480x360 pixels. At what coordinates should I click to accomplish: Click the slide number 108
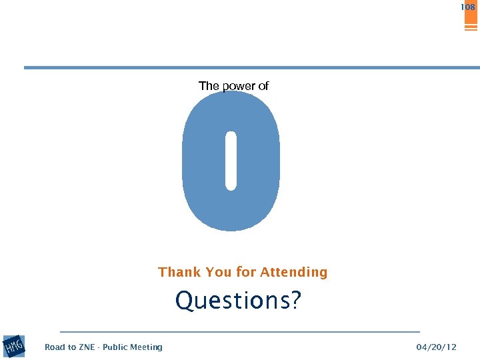(467, 7)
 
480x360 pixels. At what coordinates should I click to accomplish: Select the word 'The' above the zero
(208, 86)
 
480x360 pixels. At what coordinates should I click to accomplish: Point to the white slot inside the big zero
(231, 161)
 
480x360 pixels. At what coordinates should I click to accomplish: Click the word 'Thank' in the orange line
(180, 272)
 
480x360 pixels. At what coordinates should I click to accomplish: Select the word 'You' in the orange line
(219, 272)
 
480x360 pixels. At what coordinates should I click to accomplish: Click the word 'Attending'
(294, 272)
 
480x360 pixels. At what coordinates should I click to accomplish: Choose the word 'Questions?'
(238, 301)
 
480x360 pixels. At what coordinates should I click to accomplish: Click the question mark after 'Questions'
(295, 301)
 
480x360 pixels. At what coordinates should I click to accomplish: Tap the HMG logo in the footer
(14, 346)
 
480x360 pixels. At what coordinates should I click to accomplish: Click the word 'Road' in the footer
(55, 347)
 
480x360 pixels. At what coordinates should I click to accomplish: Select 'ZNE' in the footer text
(87, 347)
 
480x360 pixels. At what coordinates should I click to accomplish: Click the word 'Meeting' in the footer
(147, 347)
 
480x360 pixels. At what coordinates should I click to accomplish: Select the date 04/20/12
(436, 347)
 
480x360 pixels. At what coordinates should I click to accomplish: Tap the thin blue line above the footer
(240, 331)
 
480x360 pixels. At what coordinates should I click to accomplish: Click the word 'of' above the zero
(263, 86)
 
